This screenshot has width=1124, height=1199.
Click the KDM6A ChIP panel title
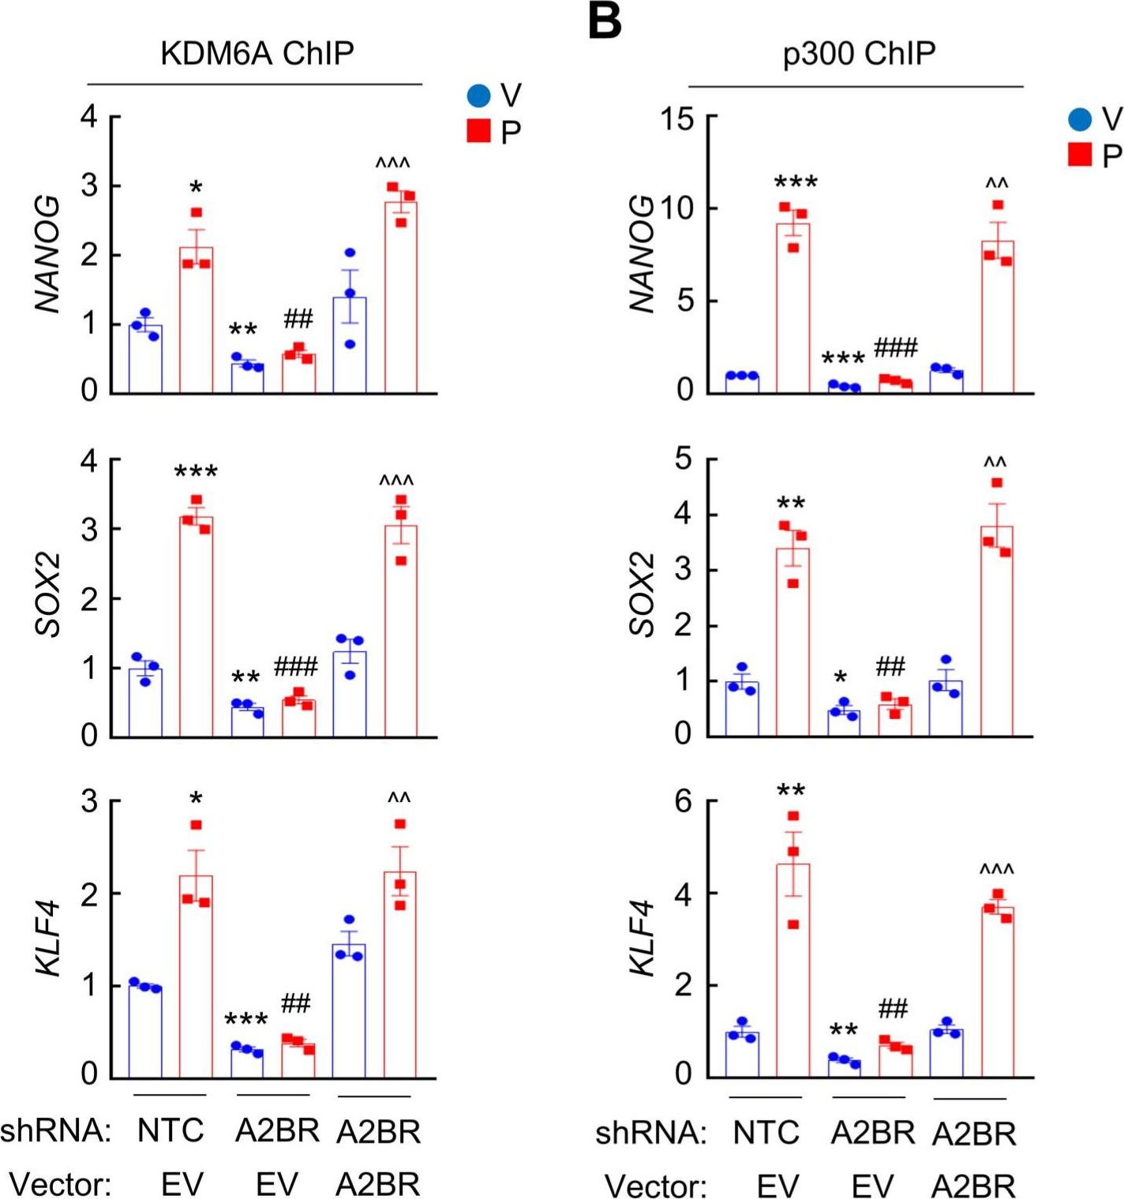257,54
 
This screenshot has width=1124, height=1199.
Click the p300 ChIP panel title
859,54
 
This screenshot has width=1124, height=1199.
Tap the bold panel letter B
605,21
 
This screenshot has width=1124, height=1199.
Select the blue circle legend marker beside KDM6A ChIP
479,96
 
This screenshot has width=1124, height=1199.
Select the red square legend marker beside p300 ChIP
1080,154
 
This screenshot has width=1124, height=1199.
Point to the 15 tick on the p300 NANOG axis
677,120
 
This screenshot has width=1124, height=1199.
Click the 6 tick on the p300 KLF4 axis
684,802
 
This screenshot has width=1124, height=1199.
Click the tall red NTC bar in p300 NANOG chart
792,308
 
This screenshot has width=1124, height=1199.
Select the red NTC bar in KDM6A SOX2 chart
196,627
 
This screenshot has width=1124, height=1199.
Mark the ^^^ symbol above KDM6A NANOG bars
392,163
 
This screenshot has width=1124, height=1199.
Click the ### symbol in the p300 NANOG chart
895,347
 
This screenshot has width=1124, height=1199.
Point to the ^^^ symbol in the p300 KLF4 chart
996,869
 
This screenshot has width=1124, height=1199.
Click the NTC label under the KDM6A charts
170,1130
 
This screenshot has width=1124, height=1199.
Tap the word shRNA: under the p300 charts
650,1133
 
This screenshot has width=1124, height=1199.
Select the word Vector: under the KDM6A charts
60,1184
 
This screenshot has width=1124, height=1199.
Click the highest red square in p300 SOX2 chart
997,482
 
